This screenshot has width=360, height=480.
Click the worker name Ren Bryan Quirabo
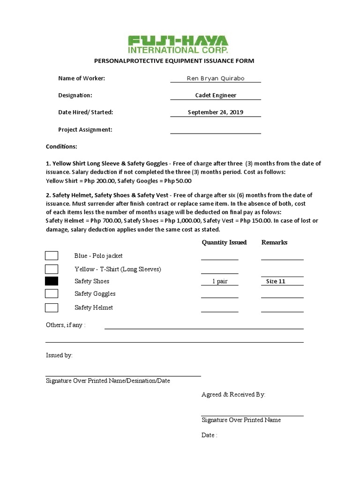pyautogui.click(x=215, y=78)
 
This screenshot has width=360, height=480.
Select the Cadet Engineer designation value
pyautogui.click(x=215, y=95)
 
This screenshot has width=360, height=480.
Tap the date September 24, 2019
pyautogui.click(x=215, y=112)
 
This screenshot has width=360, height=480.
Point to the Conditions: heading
pyautogui.click(x=61, y=147)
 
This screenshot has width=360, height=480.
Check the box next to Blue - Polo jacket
pyautogui.click(x=52, y=255)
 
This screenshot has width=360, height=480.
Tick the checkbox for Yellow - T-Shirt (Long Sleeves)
pyautogui.click(x=52, y=269)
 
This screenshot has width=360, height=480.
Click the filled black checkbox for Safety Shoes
pyautogui.click(x=52, y=281)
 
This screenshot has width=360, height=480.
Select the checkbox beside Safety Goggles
pyautogui.click(x=52, y=293)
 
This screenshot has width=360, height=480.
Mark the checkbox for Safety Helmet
pyautogui.click(x=52, y=307)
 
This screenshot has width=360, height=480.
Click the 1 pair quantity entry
pyautogui.click(x=219, y=281)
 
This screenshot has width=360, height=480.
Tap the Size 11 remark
pyautogui.click(x=276, y=281)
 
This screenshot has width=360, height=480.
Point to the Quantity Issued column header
pyautogui.click(x=224, y=242)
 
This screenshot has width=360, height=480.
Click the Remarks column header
pyautogui.click(x=274, y=242)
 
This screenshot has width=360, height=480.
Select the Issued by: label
pyautogui.click(x=59, y=355)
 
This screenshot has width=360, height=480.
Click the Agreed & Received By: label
pyautogui.click(x=233, y=395)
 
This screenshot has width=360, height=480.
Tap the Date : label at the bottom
pyautogui.click(x=210, y=435)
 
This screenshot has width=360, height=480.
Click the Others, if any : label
pyautogui.click(x=66, y=325)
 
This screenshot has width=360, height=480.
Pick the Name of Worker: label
pyautogui.click(x=82, y=78)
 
